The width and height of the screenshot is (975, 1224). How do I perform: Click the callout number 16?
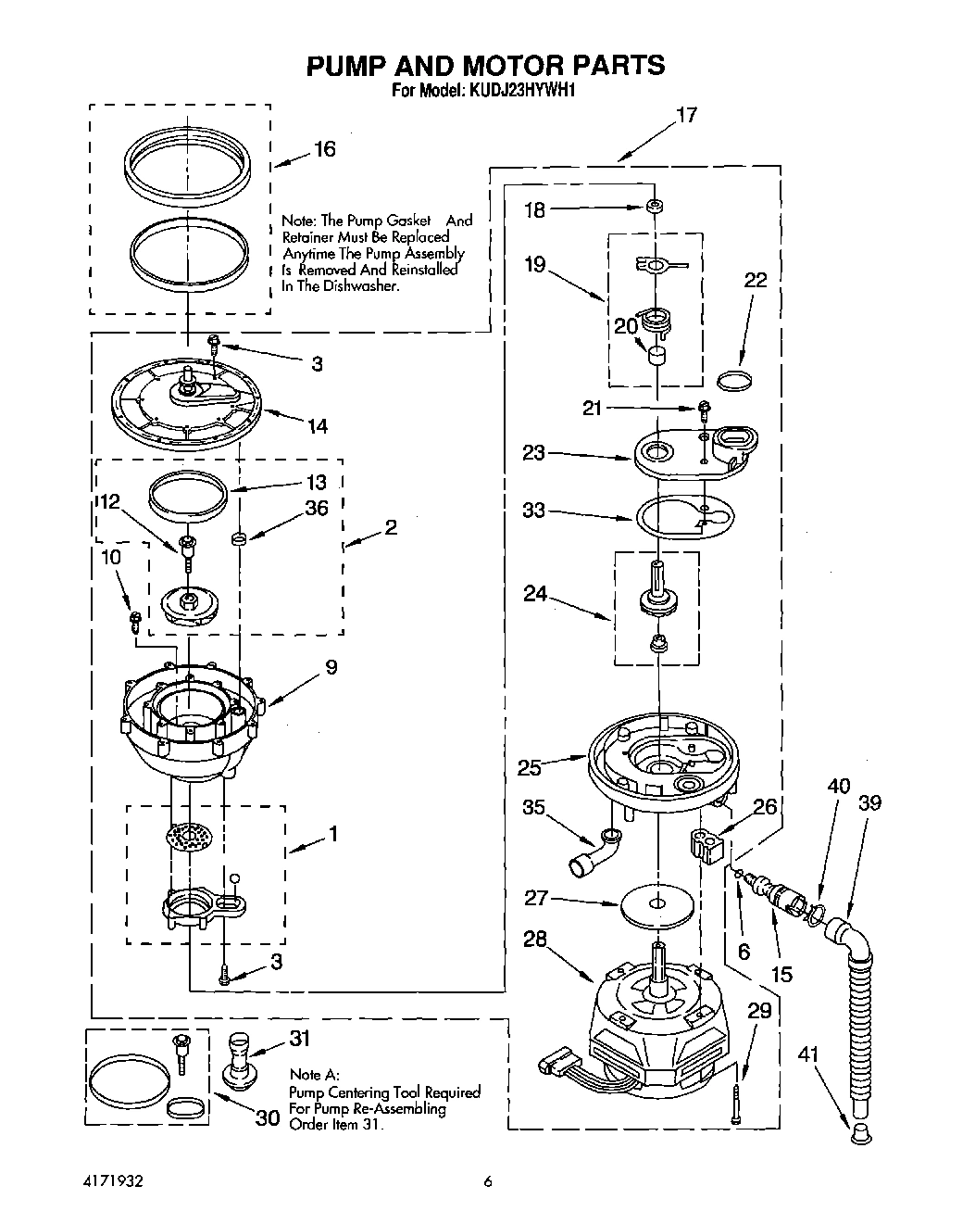pos(324,149)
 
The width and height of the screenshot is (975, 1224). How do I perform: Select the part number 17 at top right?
pos(686,116)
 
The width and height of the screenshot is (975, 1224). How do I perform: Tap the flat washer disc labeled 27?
pos(656,904)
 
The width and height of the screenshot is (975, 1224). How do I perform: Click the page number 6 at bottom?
pos(487,1181)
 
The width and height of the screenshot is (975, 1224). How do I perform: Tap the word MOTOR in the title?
pos(494,65)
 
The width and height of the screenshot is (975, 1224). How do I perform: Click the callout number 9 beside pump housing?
pos(331,667)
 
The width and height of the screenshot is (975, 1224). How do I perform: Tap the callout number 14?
pos(317,426)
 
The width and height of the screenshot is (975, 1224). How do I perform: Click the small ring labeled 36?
pos(238,538)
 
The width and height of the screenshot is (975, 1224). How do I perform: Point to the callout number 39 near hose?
pos(869,802)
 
